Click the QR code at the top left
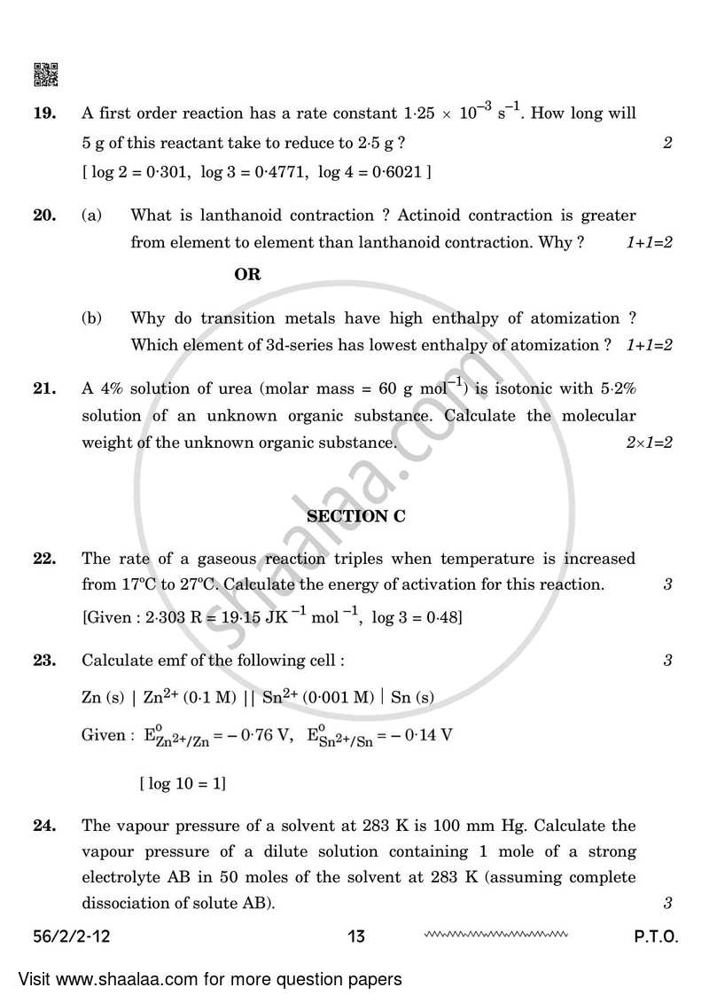point(46,75)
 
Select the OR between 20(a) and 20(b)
point(247,275)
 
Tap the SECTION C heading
point(355,516)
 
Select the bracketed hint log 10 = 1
point(183,783)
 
